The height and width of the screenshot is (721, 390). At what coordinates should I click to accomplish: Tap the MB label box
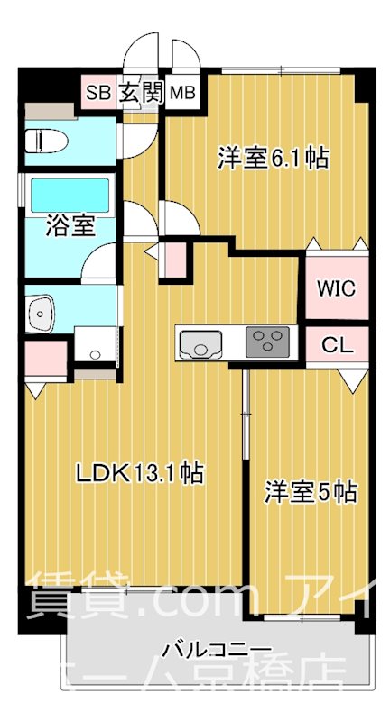click(183, 91)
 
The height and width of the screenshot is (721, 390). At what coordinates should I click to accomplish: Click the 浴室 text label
click(70, 225)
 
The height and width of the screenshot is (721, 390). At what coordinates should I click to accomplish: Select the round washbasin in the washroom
click(42, 315)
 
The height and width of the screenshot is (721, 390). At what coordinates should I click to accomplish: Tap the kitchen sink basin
click(200, 343)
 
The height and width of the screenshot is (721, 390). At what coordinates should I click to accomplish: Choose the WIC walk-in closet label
click(336, 288)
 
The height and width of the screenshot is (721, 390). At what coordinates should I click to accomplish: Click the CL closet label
click(336, 343)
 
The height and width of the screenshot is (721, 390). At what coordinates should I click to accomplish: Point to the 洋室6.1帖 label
click(272, 159)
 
